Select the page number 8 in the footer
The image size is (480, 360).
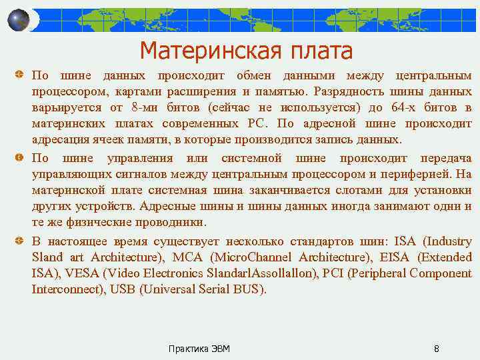[x=436, y=349]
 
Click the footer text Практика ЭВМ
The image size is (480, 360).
[x=199, y=349]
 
